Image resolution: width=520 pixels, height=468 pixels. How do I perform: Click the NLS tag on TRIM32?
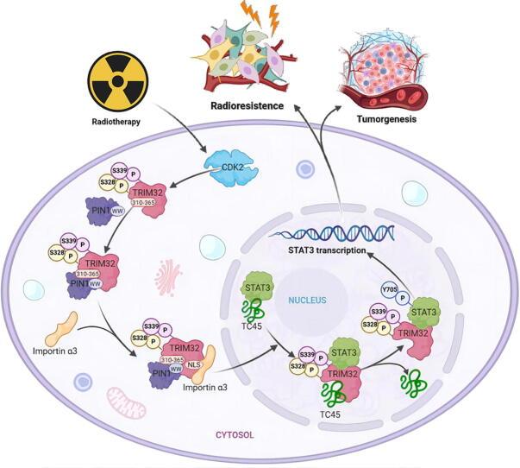click(206, 364)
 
